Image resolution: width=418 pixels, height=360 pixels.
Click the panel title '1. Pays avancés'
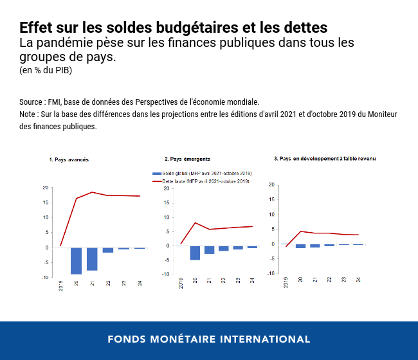point(69,159)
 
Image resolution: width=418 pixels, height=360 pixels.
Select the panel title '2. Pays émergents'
point(187,159)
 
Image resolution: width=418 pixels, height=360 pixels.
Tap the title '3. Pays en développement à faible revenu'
point(325,159)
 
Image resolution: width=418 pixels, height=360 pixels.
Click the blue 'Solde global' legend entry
point(201,174)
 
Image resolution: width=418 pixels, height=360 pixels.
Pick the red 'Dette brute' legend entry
point(201,182)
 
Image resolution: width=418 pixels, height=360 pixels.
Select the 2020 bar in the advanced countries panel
point(76,260)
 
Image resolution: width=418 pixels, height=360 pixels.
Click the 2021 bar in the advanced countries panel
point(92,258)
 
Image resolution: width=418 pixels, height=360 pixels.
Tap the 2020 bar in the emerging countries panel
point(195,253)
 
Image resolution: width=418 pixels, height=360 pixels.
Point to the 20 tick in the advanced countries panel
point(45,188)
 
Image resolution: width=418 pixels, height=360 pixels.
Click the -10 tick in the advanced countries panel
point(44,277)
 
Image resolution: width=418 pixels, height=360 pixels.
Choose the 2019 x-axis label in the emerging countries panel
point(181,283)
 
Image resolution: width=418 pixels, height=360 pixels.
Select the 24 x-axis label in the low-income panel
point(358,280)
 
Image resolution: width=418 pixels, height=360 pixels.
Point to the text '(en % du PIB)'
point(46,70)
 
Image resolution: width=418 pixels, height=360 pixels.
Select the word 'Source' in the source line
point(32,102)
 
